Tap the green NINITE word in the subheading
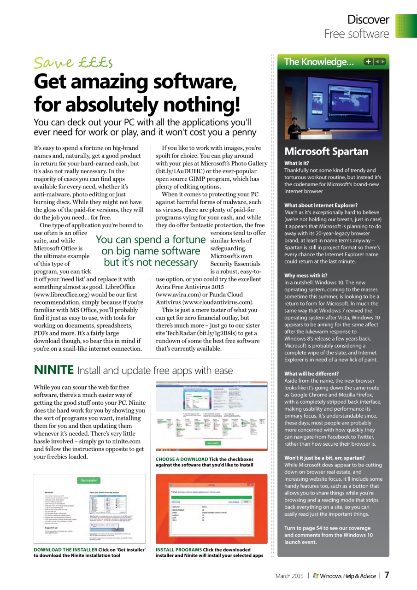click(54, 370)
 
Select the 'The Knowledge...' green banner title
click(319, 62)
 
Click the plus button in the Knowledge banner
click(368, 61)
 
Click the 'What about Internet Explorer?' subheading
click(321, 205)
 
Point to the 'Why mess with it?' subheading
click(306, 276)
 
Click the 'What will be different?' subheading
click(311, 373)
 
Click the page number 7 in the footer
click(387, 575)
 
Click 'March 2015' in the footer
click(289, 576)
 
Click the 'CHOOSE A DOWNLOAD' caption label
click(182, 459)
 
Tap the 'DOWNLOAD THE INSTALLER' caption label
click(65, 549)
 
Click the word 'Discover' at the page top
click(368, 20)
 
